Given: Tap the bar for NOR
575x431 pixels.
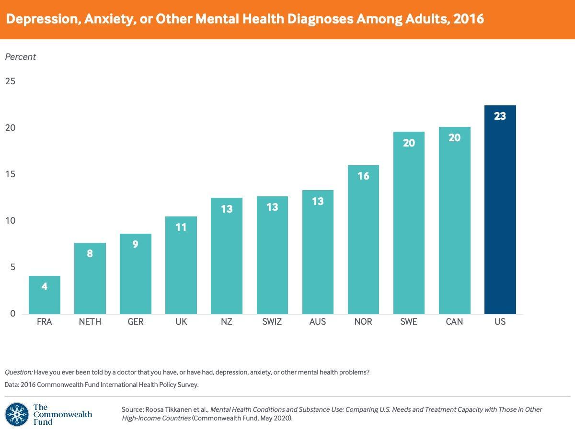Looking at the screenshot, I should coord(363,239).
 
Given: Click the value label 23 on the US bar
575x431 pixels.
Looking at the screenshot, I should coord(500,116).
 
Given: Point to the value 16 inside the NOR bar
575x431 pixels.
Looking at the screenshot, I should coord(363,176).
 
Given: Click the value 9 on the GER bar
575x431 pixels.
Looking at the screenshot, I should coord(136,244).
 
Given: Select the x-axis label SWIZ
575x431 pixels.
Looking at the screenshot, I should coord(272,322).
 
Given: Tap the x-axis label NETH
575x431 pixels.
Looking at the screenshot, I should coord(90,322).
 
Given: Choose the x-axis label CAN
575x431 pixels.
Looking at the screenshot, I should coord(454,322).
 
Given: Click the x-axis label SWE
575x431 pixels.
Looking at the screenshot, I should coord(409,322).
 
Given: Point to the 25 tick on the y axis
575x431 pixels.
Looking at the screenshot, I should coord(10,81).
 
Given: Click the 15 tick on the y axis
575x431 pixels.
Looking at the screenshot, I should coord(10,174).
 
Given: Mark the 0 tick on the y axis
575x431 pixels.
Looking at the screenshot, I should coord(12,314).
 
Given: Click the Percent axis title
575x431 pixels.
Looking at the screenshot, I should coord(20,57).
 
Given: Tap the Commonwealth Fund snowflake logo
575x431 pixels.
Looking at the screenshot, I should coord(16,414).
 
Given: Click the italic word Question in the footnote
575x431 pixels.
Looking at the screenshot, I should coord(19,372).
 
